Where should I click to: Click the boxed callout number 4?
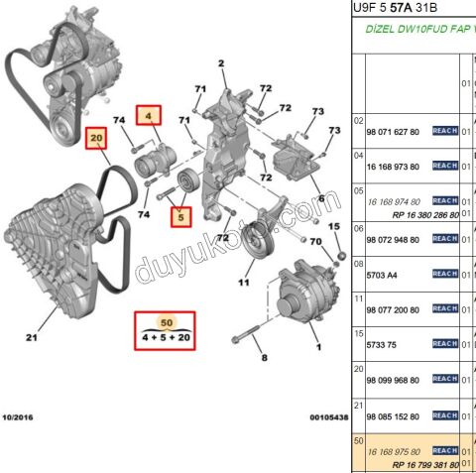[148, 116]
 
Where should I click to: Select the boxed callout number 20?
[96, 139]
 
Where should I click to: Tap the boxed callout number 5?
[179, 215]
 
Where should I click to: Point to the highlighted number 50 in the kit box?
[166, 323]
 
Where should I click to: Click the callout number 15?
[334, 227]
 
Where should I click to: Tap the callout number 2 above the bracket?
[222, 64]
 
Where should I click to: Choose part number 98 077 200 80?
[394, 309]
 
